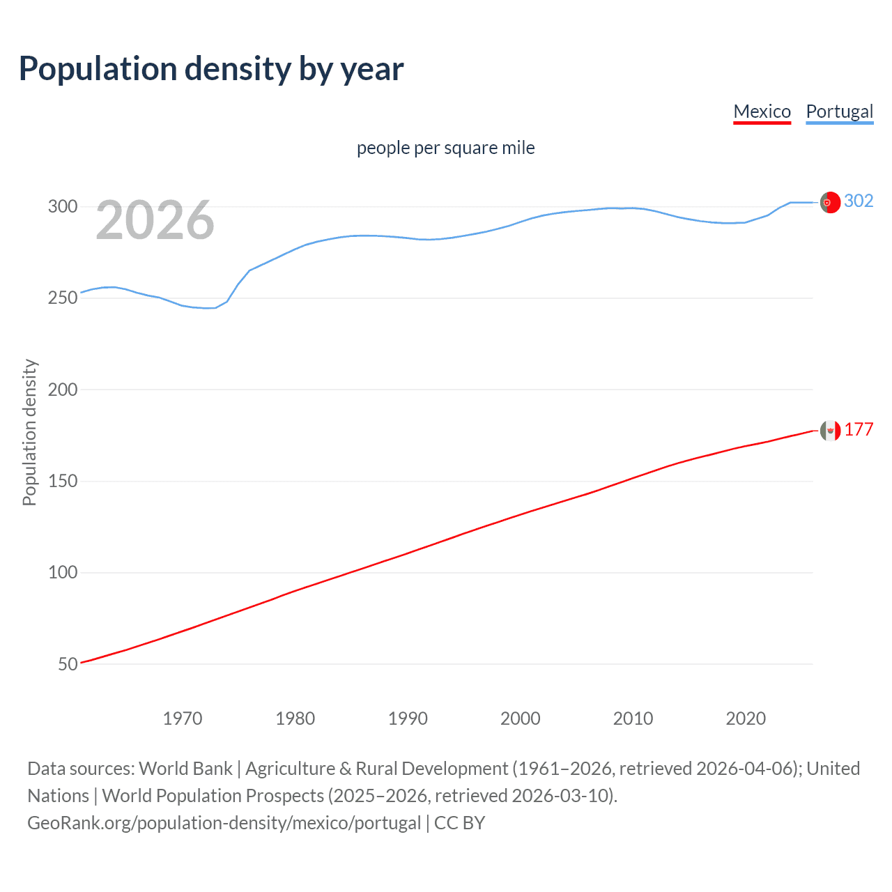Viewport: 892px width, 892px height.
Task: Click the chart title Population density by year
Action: point(211,69)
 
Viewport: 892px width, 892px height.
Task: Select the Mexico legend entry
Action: point(762,111)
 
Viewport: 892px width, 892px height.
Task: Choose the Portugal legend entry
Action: point(839,111)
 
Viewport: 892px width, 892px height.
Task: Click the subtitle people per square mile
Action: point(445,148)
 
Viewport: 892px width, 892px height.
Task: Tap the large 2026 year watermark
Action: point(155,220)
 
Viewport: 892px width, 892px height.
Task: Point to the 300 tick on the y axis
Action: point(63,206)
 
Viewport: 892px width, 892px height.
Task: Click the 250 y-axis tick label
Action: point(63,298)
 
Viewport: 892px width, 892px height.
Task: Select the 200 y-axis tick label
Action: point(63,390)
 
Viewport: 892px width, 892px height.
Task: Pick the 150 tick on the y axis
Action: point(63,481)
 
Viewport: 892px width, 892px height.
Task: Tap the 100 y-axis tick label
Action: point(63,572)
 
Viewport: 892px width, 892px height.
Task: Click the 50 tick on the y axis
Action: point(68,664)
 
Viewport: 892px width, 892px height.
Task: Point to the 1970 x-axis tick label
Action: point(183,718)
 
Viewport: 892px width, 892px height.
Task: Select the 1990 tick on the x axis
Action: point(408,718)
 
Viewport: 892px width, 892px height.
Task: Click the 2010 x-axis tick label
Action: point(633,718)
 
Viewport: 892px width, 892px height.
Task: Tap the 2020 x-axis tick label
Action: point(746,718)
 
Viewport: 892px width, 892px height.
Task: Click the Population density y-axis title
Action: point(29,432)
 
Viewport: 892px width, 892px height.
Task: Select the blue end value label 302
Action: point(859,201)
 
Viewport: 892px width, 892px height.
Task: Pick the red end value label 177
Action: point(859,429)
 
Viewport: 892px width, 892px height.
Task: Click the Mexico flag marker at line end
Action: point(830,431)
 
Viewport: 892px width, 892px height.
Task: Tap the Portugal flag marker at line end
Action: point(830,202)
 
